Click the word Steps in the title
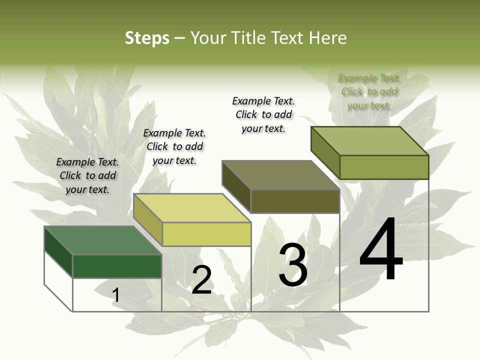[x=146, y=38]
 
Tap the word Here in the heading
[x=327, y=38]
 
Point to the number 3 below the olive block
[x=292, y=264]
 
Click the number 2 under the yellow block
[x=201, y=279]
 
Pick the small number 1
[x=115, y=295]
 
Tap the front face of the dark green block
[x=117, y=266]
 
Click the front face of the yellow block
[x=206, y=234]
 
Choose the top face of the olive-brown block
[x=280, y=175]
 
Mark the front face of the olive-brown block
[x=295, y=201]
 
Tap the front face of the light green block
[x=384, y=167]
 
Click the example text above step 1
[x=87, y=175]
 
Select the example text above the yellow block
[x=174, y=146]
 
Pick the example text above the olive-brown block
[x=263, y=114]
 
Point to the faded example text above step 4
[x=369, y=91]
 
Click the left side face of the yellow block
[x=147, y=218]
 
